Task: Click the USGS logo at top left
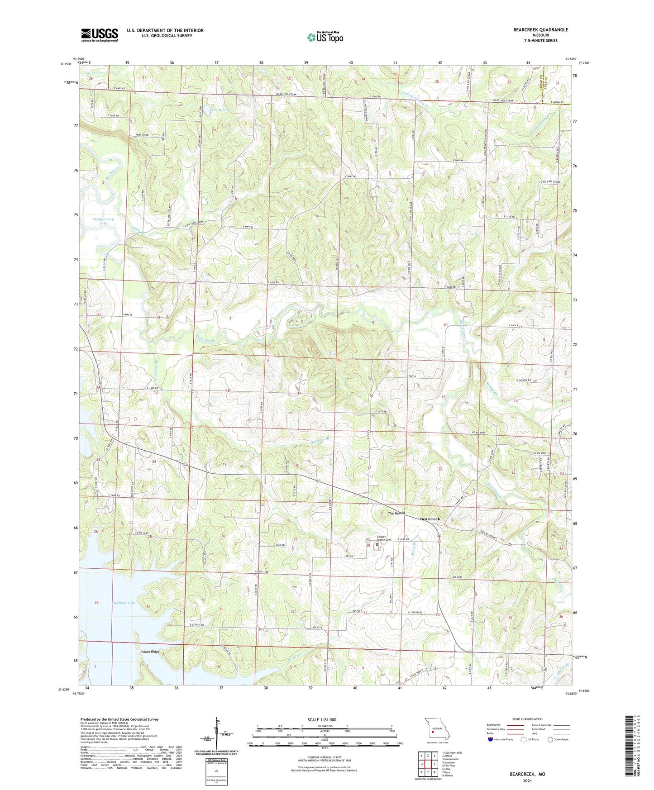[x=100, y=34]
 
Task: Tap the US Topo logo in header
[x=325, y=37]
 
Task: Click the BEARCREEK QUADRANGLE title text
[x=540, y=30]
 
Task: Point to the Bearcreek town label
[x=430, y=519]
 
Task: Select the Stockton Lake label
[x=124, y=603]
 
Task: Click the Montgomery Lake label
[x=103, y=221]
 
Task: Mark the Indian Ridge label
[x=150, y=652]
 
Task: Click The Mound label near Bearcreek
[x=396, y=514]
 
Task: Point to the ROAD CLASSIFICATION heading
[x=528, y=719]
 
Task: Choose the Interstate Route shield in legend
[x=492, y=739]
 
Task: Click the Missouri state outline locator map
[x=436, y=729]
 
